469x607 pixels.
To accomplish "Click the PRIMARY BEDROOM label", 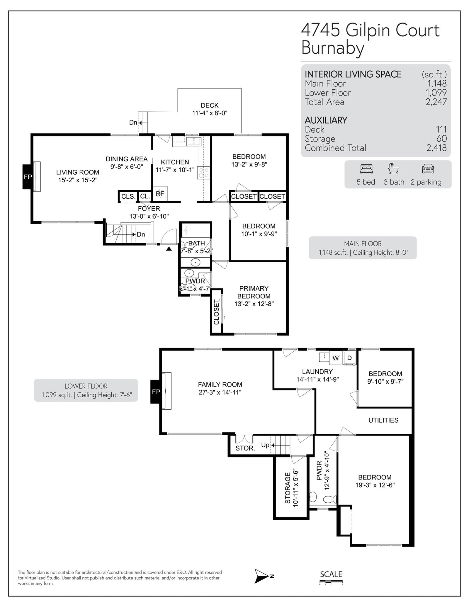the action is (254, 292).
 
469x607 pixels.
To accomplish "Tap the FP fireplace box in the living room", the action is (28, 177).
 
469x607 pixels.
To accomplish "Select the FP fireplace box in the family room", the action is (156, 392).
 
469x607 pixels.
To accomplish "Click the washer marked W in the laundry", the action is (336, 358).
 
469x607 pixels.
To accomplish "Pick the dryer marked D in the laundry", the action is (349, 358).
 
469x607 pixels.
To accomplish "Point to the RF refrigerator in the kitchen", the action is (160, 194).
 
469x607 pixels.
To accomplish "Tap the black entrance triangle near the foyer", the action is (169, 249).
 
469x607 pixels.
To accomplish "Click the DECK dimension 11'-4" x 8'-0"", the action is (210, 113).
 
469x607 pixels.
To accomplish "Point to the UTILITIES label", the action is (383, 420).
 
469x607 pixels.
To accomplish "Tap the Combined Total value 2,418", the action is (436, 148).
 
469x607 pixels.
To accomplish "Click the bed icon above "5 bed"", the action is (366, 169).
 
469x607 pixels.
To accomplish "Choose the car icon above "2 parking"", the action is (428, 169).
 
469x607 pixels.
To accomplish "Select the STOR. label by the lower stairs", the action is (245, 448).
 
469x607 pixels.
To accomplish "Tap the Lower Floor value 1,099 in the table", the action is (436, 93).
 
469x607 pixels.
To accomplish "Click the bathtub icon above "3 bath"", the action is (394, 169).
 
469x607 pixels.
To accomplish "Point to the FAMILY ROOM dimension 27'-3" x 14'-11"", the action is (220, 392).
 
